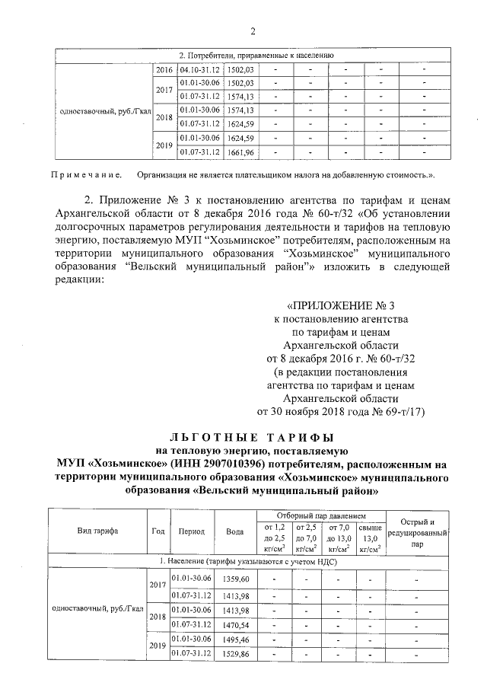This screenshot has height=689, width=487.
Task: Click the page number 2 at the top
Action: (251, 30)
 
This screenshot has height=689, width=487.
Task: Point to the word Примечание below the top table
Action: (84, 175)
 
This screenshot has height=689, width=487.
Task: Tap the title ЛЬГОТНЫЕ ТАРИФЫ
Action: (252, 438)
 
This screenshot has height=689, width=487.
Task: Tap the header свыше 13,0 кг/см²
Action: (370, 537)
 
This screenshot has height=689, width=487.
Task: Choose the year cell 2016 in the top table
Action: (164, 70)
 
